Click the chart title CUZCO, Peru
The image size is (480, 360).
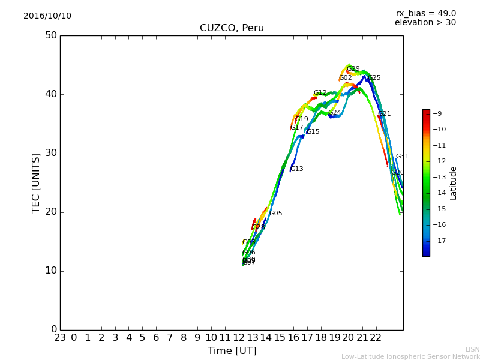pos(232,28)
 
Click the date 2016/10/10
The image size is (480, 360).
pos(47,16)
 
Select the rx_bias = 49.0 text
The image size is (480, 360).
pos(425,14)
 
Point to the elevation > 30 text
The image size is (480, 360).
pos(425,23)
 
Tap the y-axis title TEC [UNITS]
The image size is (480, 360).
pos(37,182)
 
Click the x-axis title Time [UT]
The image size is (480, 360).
pos(232,351)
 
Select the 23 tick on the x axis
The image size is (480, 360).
pos(60,338)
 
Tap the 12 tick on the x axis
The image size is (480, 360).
pos(239,338)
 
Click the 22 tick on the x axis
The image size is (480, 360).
pos(376,338)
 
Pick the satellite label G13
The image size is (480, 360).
pos(297,169)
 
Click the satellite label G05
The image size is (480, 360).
pos(275,214)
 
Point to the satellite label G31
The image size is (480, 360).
pos(402,157)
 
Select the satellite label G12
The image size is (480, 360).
pos(320,93)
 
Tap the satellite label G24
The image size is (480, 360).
pos(334,113)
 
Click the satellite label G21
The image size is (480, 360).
pos(384,114)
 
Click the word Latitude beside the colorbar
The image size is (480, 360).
pos(454,183)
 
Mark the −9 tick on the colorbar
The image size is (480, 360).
pos(437,113)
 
